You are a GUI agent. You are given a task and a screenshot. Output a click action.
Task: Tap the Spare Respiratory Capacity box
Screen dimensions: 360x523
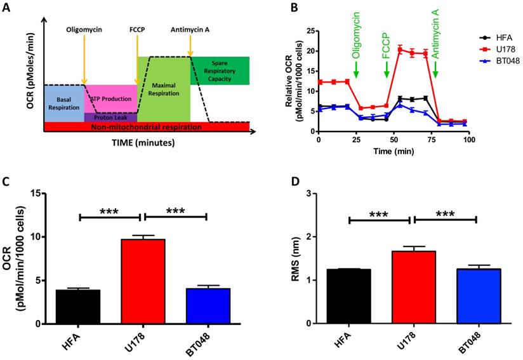[220, 70]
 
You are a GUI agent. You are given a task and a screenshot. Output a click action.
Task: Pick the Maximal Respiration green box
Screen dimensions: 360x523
[163, 88]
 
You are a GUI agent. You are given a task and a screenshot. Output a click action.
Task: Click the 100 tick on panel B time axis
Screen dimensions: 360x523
[468, 140]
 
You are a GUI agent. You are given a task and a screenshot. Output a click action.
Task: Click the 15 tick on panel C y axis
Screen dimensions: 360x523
[44, 193]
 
